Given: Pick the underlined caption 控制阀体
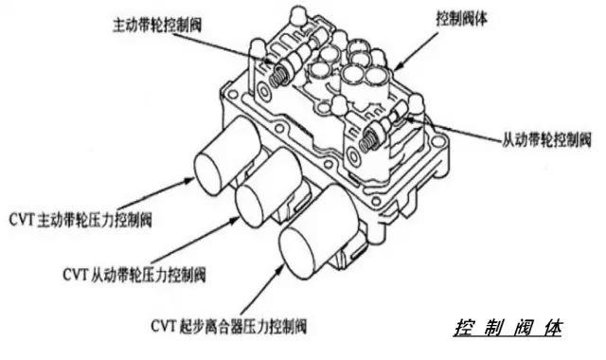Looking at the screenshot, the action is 508,329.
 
